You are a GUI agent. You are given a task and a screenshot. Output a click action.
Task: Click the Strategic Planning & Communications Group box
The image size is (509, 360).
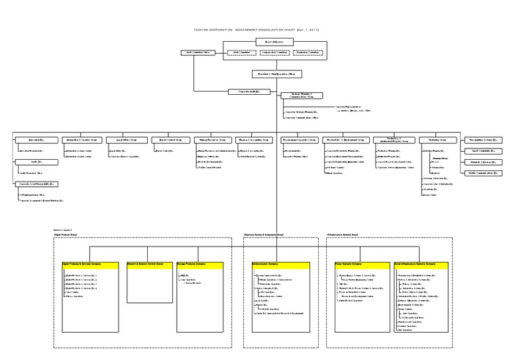tap(302, 95)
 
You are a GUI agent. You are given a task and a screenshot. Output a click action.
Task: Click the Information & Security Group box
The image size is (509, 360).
tap(80, 141)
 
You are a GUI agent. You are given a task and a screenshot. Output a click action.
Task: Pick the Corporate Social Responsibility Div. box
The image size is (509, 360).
tap(36, 183)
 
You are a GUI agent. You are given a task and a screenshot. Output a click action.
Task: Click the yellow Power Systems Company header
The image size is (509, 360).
tap(358, 264)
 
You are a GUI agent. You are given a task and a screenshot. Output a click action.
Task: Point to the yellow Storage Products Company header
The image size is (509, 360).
tap(200, 264)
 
